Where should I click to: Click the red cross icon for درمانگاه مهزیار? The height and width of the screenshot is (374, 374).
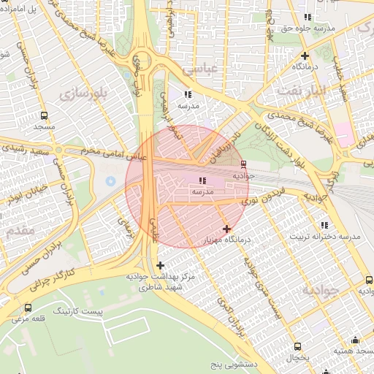pos(226,229)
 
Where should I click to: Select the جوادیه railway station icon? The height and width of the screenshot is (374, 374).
pos(243,164)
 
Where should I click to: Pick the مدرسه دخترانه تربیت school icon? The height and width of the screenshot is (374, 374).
pos(324,225)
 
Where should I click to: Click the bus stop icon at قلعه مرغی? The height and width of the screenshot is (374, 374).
pos(28,308)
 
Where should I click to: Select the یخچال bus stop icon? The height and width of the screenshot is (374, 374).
pos(297,346)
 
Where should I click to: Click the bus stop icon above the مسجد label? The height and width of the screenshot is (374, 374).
pos(44,115)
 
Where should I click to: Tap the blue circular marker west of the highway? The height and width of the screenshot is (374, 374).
pos(110,180)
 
